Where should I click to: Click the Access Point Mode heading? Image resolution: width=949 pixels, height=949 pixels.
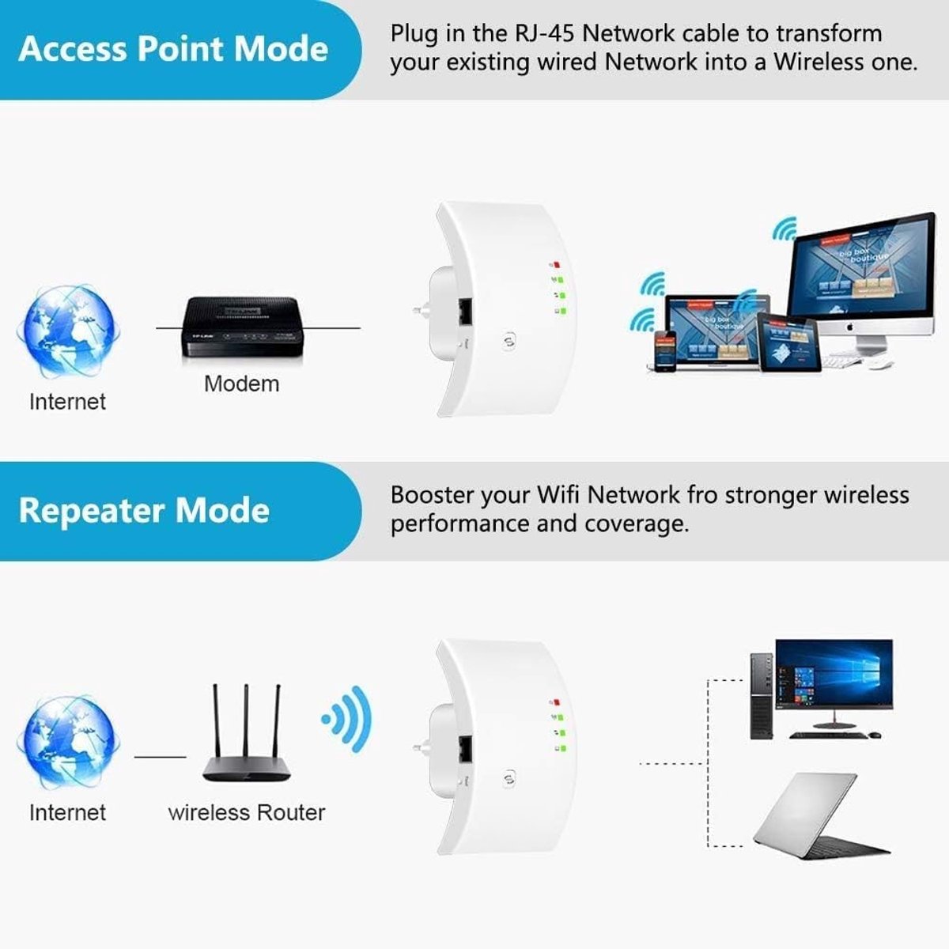click(x=172, y=49)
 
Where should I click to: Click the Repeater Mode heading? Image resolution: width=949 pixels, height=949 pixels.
click(x=144, y=510)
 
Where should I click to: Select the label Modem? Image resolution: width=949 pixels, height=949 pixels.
click(x=241, y=384)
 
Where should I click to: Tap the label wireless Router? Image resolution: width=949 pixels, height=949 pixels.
click(x=247, y=812)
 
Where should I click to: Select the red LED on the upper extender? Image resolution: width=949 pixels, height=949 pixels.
click(x=557, y=265)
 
